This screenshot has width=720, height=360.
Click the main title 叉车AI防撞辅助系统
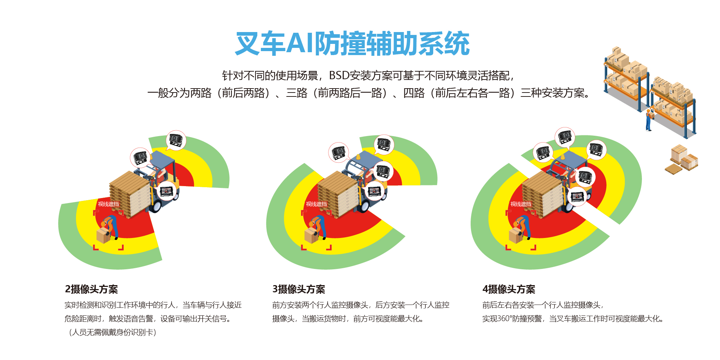[x=352, y=44]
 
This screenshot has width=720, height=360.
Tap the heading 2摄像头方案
[x=91, y=289]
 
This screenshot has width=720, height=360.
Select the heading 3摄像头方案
[x=299, y=289]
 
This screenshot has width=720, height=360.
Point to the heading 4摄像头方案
[x=509, y=289]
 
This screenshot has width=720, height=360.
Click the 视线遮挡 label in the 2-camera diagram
[x=108, y=204]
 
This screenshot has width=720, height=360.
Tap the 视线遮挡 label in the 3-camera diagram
[x=316, y=204]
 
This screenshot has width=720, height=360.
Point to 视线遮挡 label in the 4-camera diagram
[x=521, y=204]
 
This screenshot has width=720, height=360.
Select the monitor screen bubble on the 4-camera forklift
[x=577, y=197]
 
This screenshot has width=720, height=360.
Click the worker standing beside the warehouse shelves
[x=648, y=120]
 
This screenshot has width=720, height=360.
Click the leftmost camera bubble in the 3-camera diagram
[x=338, y=152]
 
